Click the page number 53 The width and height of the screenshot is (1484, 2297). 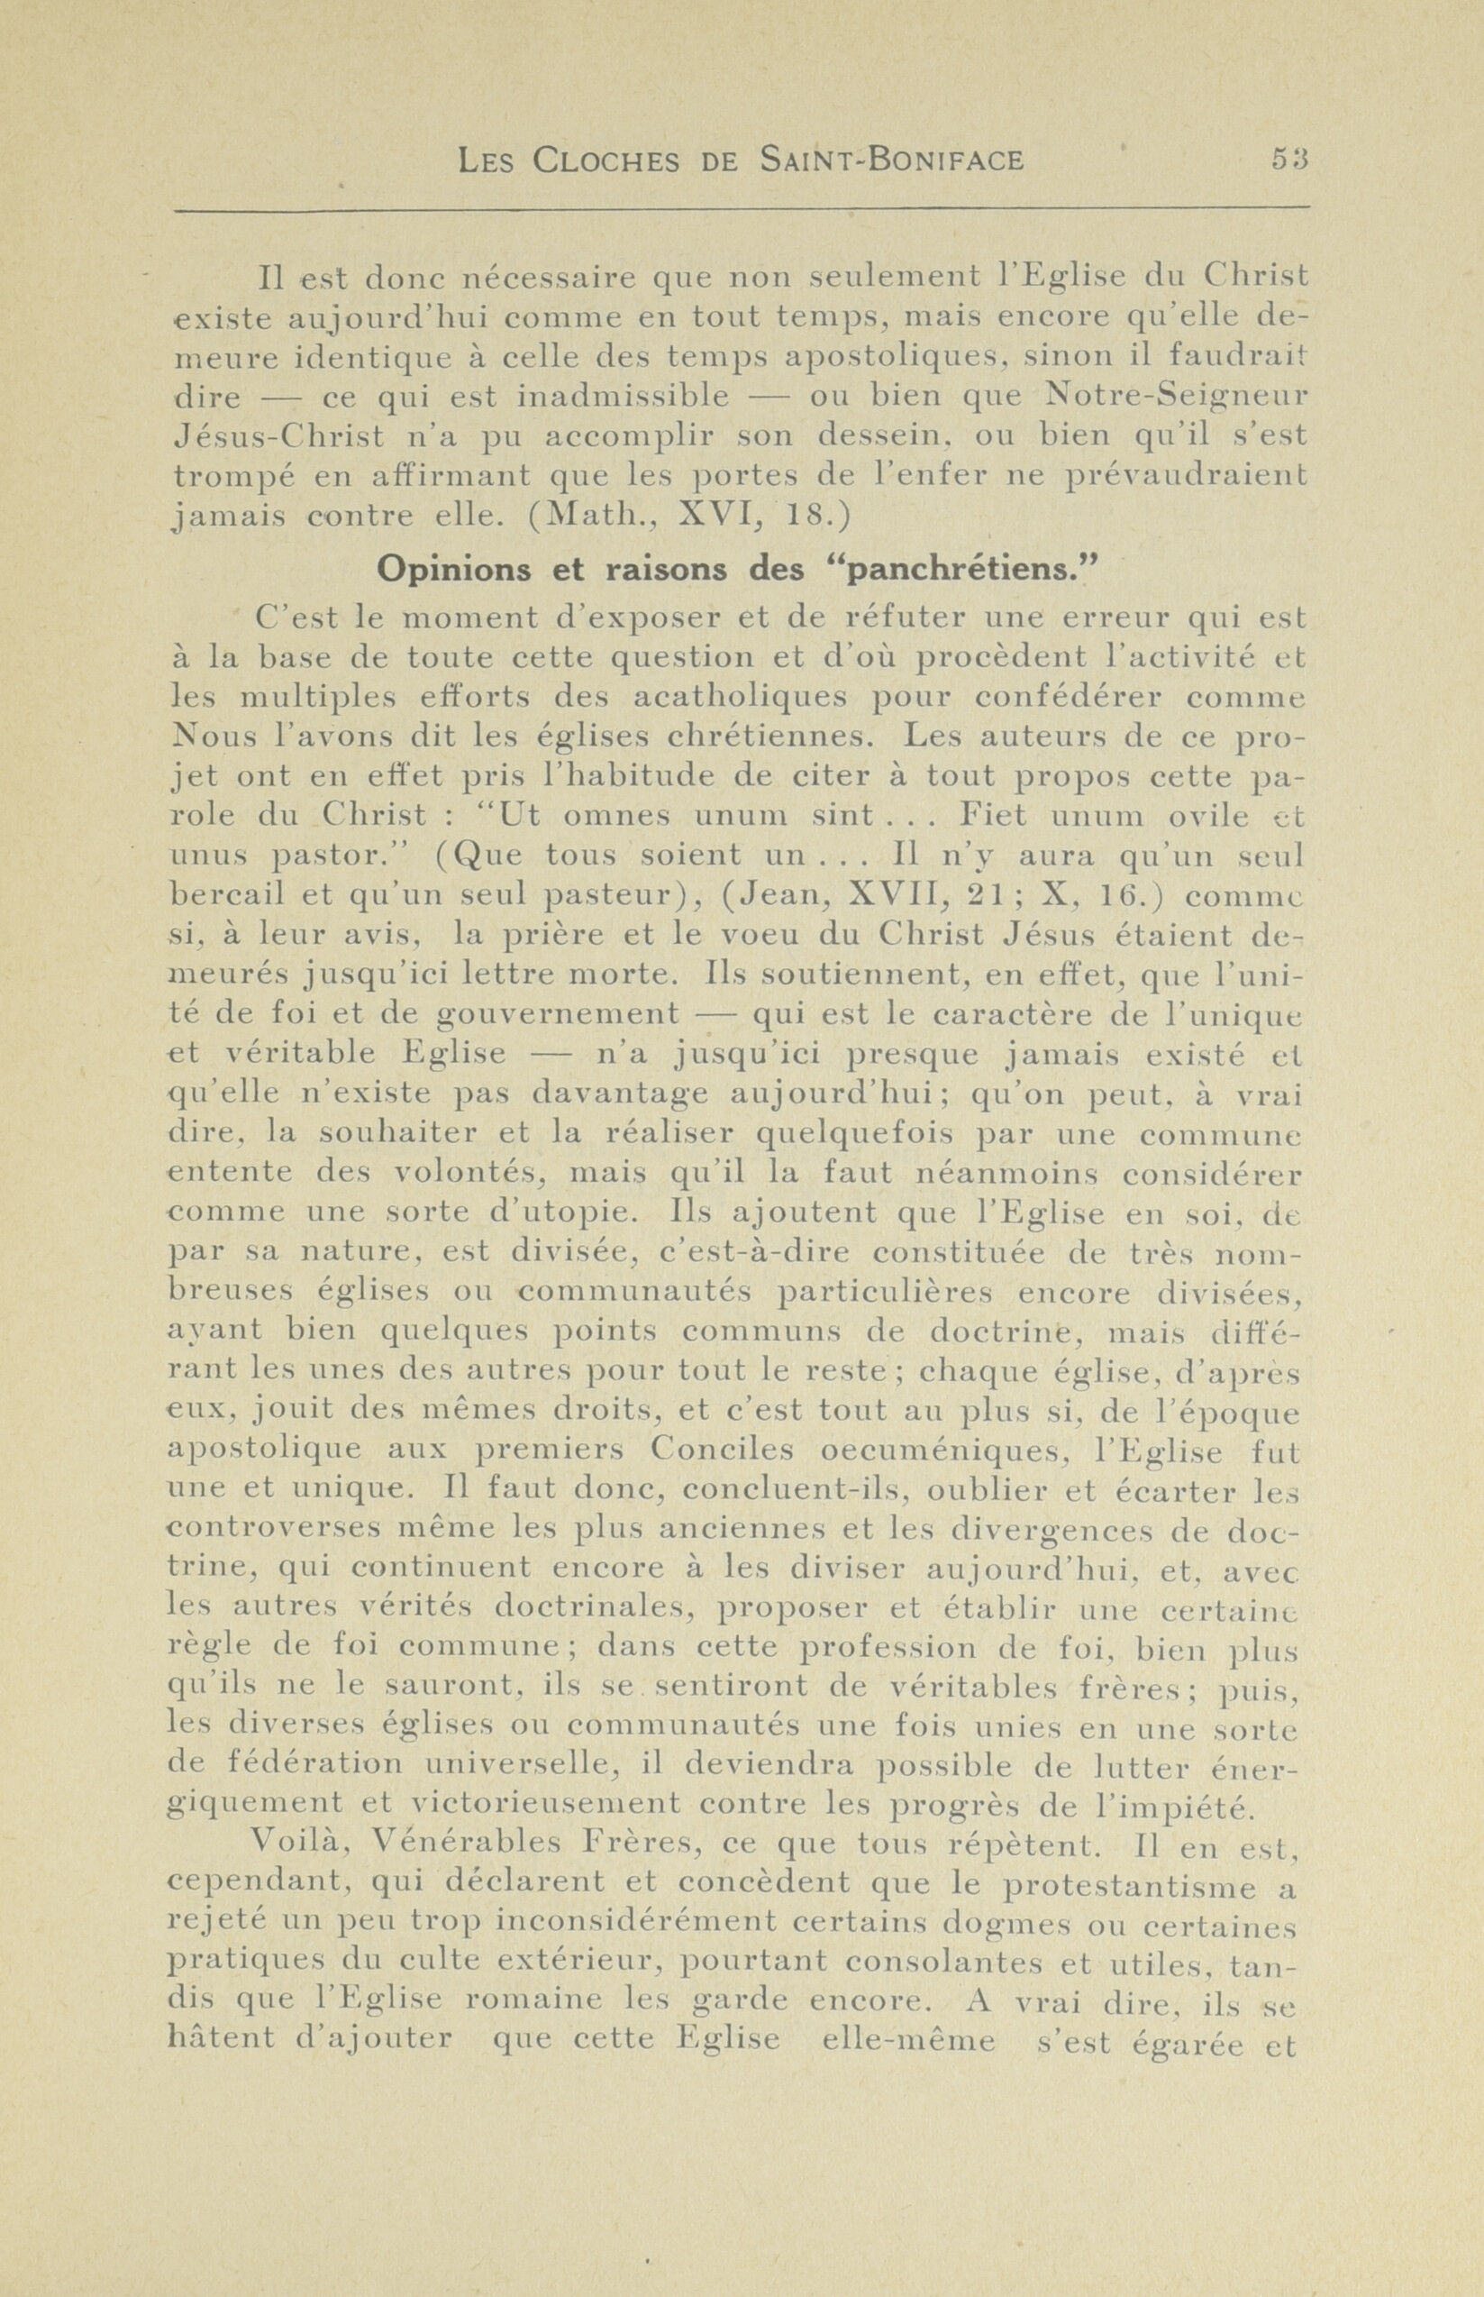(1288, 158)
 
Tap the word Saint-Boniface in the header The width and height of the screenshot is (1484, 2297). (890, 159)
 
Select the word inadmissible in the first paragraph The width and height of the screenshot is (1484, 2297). (623, 395)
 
